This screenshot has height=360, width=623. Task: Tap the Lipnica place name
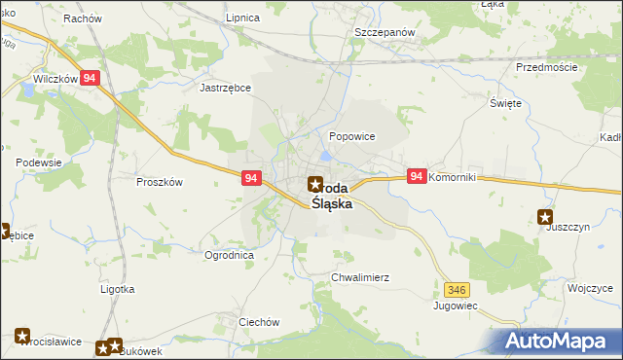pyautogui.click(x=241, y=18)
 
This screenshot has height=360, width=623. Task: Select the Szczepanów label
pyautogui.click(x=385, y=32)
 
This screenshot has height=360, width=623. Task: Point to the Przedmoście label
pyautogui.click(x=547, y=67)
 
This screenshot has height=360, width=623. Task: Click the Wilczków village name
pyautogui.click(x=55, y=79)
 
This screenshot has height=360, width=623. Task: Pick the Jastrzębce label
pyautogui.click(x=226, y=87)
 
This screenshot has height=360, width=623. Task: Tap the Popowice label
pyautogui.click(x=352, y=136)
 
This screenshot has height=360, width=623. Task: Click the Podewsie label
pyautogui.click(x=39, y=162)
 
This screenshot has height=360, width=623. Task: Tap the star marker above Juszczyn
pyautogui.click(x=545, y=217)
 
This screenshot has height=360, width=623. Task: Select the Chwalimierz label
pyautogui.click(x=360, y=277)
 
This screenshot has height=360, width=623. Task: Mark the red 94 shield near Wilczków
pyautogui.click(x=90, y=79)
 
